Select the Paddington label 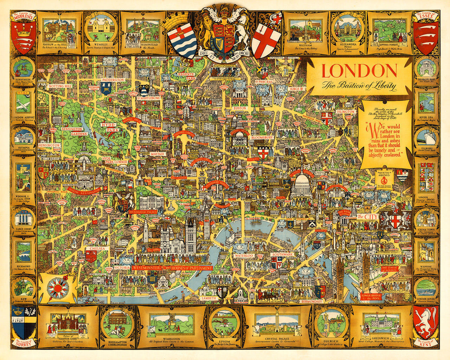click(113, 80)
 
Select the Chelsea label click(96, 249)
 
